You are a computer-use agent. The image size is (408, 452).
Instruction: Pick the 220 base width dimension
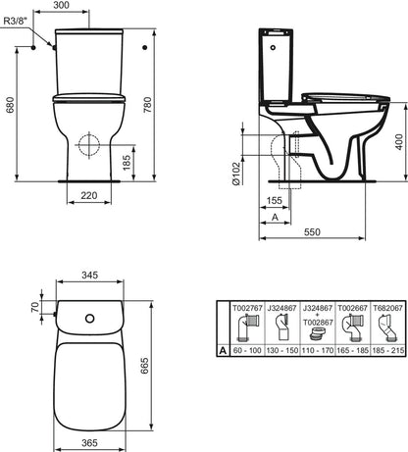pos(89,196)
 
